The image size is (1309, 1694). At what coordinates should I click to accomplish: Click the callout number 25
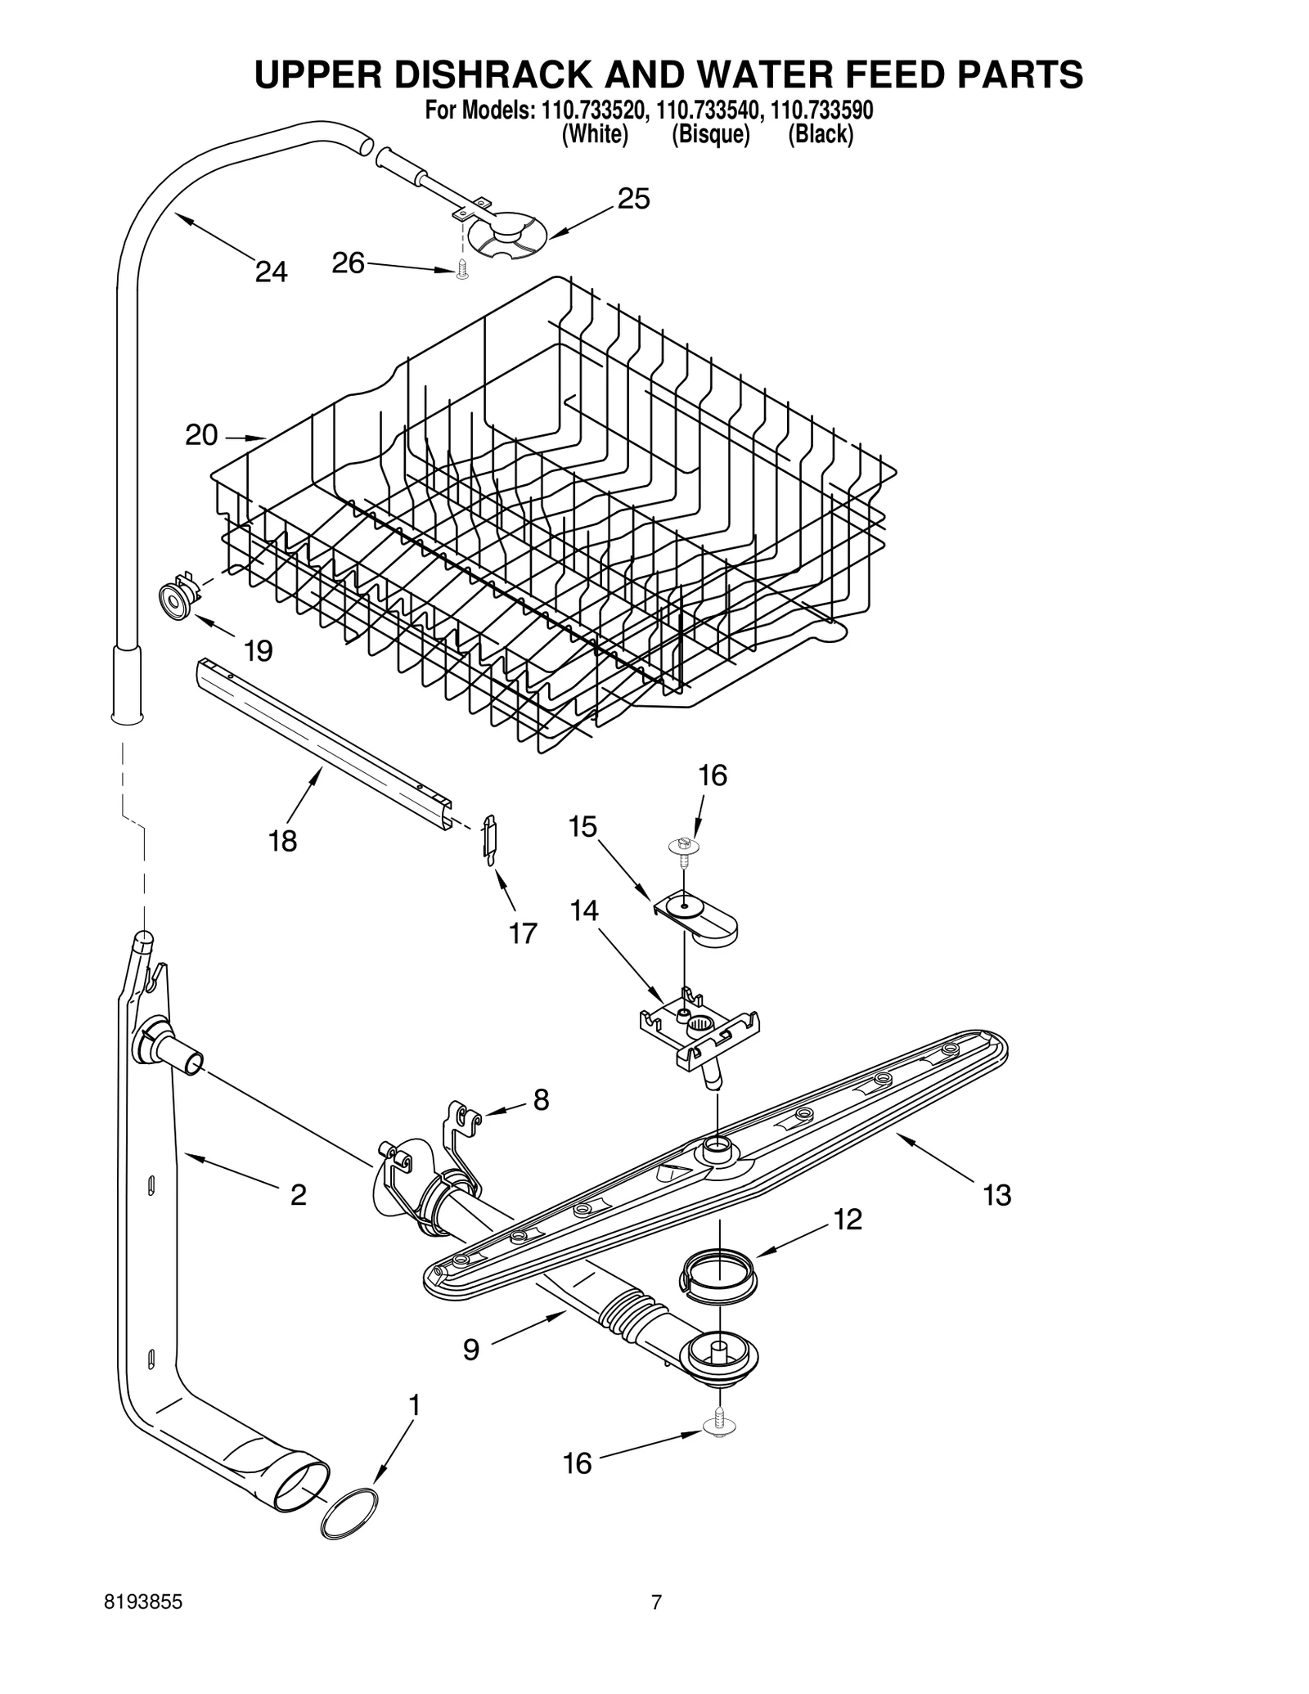[633, 199]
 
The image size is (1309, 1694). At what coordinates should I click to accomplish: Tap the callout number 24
[271, 272]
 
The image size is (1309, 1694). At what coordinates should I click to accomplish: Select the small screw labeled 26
[462, 270]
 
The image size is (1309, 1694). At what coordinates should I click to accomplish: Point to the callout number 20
[201, 435]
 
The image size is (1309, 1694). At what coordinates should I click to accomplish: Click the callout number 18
[283, 841]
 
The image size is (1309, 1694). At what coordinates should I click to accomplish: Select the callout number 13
[997, 1195]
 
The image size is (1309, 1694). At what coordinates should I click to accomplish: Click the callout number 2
[299, 1195]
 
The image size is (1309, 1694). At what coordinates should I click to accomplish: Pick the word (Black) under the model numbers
[820, 135]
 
